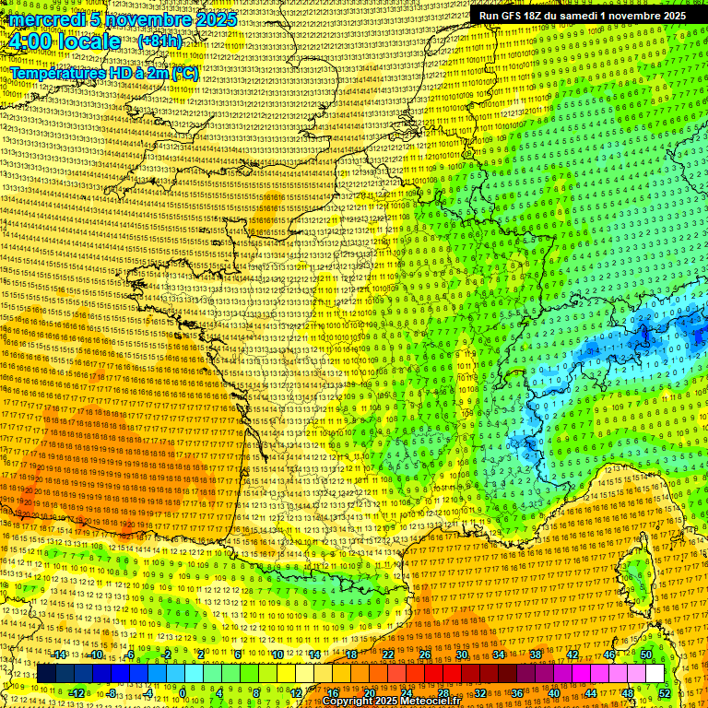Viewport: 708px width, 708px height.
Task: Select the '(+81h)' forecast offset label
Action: point(159,41)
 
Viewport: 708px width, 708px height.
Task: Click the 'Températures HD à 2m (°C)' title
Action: point(104,72)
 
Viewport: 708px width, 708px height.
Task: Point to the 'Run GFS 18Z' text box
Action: point(582,16)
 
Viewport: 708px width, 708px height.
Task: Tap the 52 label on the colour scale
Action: point(664,692)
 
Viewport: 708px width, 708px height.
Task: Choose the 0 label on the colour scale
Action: point(183,692)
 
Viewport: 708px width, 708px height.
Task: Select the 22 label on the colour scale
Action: point(388,655)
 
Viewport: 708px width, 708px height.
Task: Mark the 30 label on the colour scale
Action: point(462,655)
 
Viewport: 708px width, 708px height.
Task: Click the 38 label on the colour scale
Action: point(536,655)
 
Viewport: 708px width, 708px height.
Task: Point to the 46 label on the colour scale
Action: point(609,655)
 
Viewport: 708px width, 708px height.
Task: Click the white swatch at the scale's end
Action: point(655,674)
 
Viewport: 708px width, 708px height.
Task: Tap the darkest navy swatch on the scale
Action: point(46,674)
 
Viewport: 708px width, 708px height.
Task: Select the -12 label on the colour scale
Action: point(77,692)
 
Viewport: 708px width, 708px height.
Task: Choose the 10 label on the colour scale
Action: point(277,655)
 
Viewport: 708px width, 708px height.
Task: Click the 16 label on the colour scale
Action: point(333,692)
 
